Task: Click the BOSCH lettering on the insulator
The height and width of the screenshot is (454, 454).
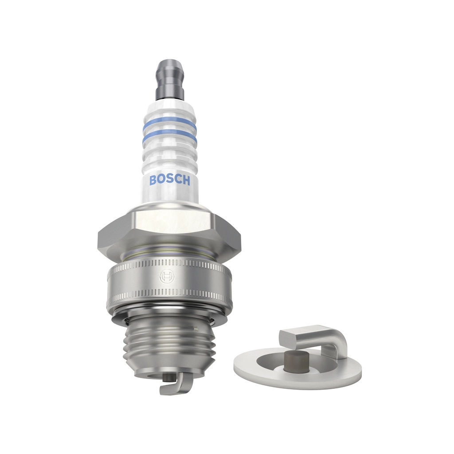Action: (170, 180)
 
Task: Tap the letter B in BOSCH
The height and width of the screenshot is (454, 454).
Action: (153, 180)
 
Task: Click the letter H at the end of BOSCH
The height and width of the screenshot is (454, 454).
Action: (186, 181)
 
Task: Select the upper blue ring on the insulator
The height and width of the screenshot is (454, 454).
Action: (170, 125)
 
